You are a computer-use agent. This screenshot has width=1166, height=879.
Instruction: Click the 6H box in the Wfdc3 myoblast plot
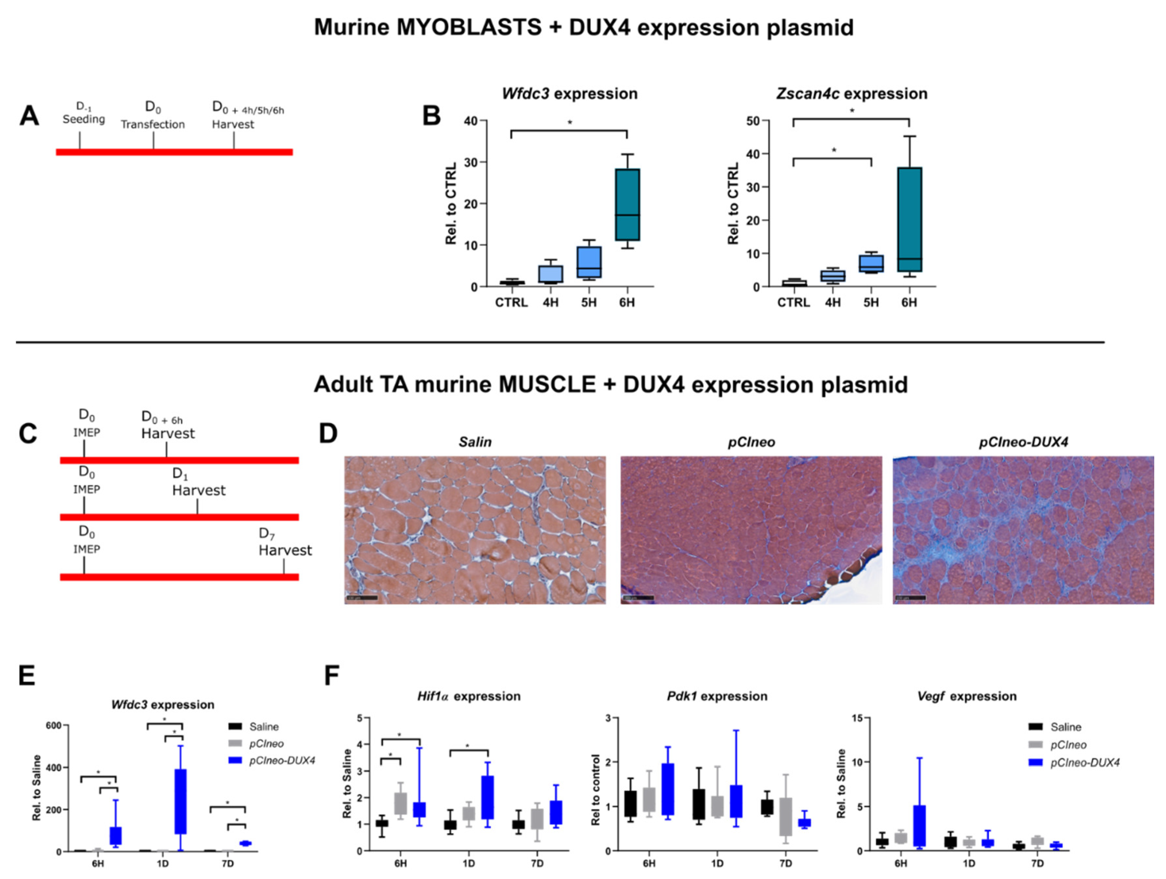click(x=627, y=205)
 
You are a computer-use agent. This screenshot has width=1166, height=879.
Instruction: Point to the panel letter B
click(x=431, y=116)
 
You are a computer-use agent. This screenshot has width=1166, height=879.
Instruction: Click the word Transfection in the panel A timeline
click(x=153, y=124)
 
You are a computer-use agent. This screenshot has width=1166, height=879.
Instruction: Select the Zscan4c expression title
click(x=851, y=94)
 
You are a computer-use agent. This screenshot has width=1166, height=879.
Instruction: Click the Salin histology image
click(x=475, y=530)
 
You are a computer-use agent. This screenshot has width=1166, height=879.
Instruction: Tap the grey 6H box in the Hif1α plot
click(x=401, y=803)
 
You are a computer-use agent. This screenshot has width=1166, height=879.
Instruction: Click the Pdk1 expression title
click(x=717, y=696)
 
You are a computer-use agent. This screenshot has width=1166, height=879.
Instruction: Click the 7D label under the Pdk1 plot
click(x=785, y=863)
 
